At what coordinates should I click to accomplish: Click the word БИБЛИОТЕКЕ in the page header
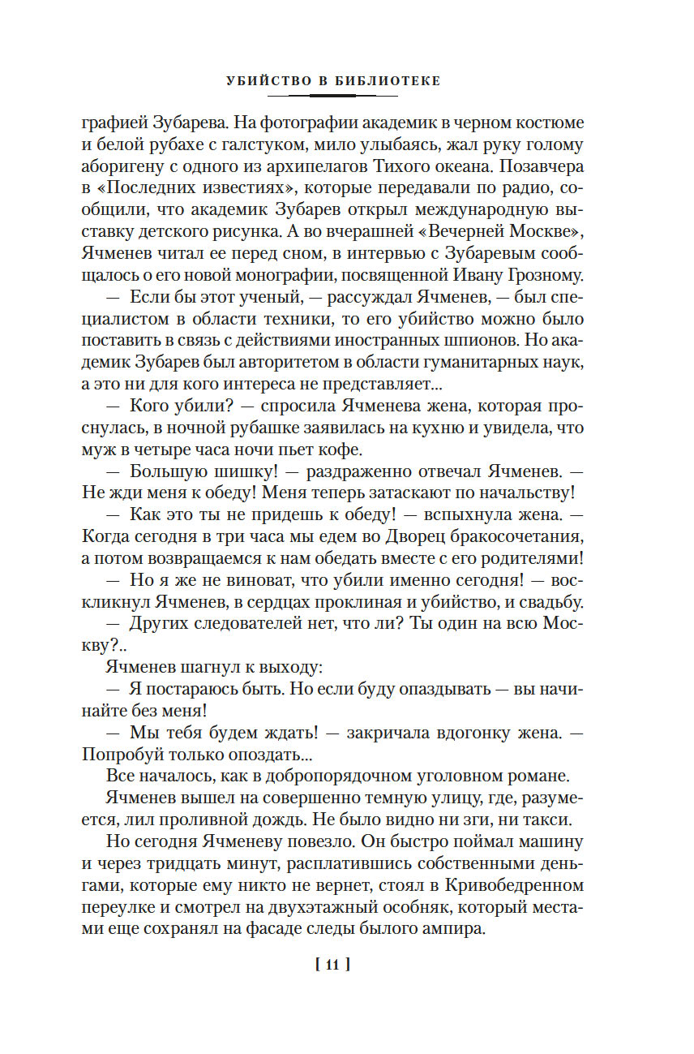point(389,81)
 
